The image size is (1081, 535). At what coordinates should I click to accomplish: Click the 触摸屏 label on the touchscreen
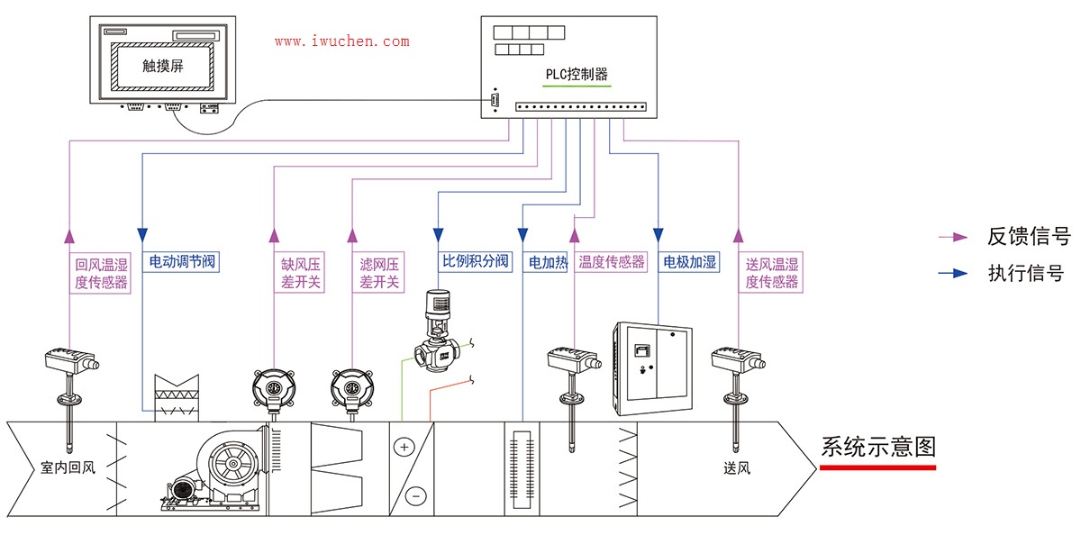[162, 66]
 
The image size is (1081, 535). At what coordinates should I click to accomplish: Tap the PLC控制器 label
[577, 75]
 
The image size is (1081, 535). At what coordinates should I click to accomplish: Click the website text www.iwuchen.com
[341, 41]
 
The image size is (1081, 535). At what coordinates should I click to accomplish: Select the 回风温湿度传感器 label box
[101, 273]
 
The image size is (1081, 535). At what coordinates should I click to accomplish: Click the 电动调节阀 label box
[181, 263]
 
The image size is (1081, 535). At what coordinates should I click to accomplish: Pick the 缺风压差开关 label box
[301, 273]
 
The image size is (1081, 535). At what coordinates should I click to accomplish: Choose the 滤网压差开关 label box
[379, 273]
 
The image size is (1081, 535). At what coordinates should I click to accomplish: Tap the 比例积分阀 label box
[475, 262]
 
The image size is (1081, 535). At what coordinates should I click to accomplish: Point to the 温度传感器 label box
[612, 262]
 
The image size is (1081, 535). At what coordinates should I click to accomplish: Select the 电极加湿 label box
[689, 262]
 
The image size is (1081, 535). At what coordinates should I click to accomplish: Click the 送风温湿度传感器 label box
[772, 273]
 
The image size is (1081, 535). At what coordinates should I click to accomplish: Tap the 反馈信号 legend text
[1028, 237]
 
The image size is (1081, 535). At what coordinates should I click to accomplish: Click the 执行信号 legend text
[1026, 273]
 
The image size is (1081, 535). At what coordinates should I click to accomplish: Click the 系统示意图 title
[878, 447]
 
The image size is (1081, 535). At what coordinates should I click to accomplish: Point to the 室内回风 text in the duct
[68, 468]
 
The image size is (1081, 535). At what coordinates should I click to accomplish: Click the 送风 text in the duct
[736, 468]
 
